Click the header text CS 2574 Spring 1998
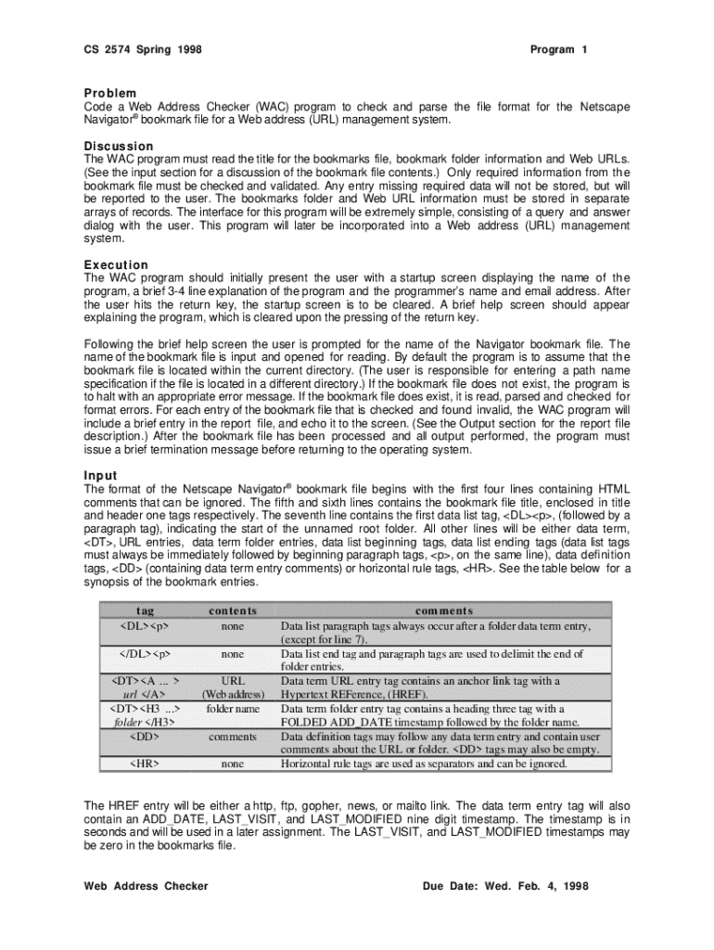pyautogui.click(x=143, y=49)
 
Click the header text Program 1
pyautogui.click(x=558, y=49)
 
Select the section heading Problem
pyautogui.click(x=110, y=93)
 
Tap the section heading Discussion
pyautogui.click(x=118, y=147)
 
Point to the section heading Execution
pyautogui.click(x=116, y=265)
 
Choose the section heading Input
pyautogui.click(x=100, y=476)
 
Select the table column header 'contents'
pyautogui.click(x=233, y=611)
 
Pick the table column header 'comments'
pyautogui.click(x=443, y=611)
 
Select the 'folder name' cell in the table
pyautogui.click(x=233, y=709)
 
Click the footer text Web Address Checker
pyautogui.click(x=146, y=886)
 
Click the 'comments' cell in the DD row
pyautogui.click(x=233, y=737)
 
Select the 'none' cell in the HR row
pyautogui.click(x=233, y=764)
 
